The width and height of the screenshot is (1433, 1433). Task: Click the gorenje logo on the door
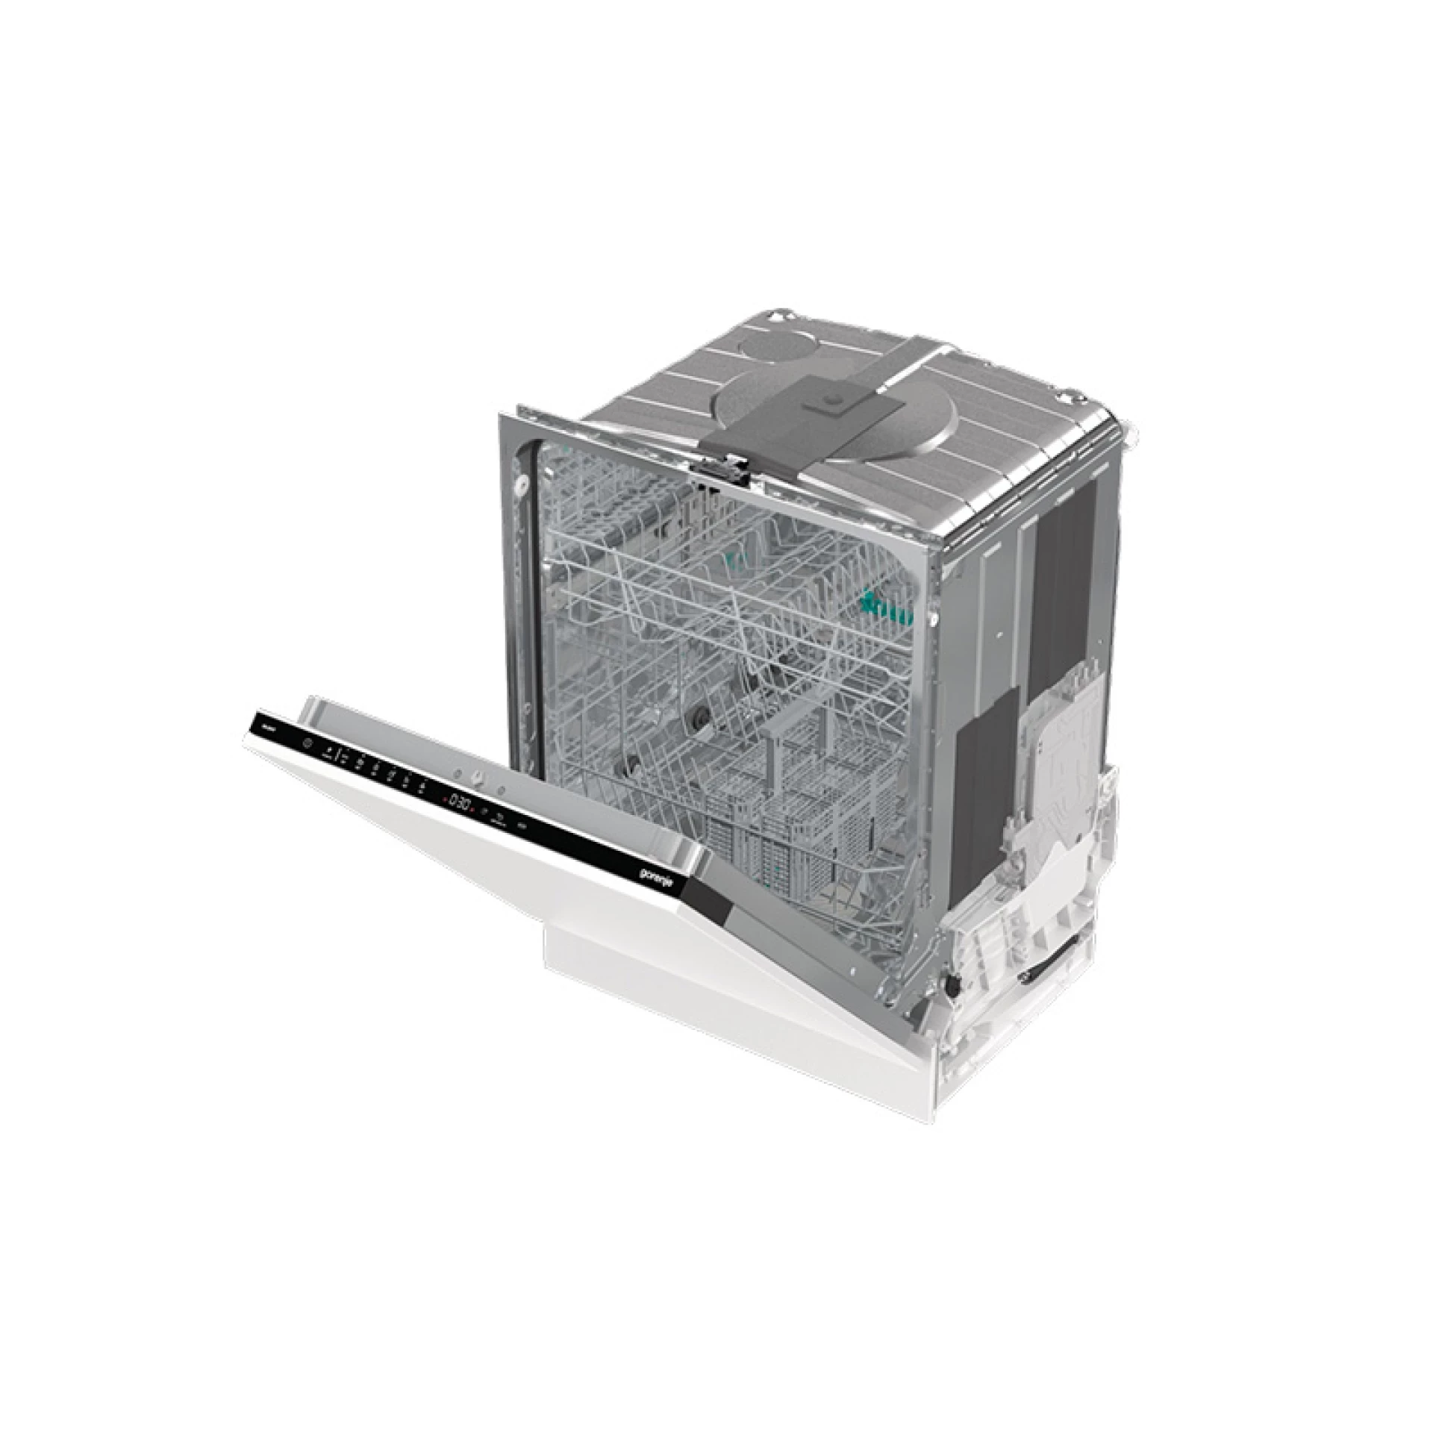(x=658, y=878)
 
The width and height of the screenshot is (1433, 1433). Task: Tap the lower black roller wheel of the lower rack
(x=635, y=762)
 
